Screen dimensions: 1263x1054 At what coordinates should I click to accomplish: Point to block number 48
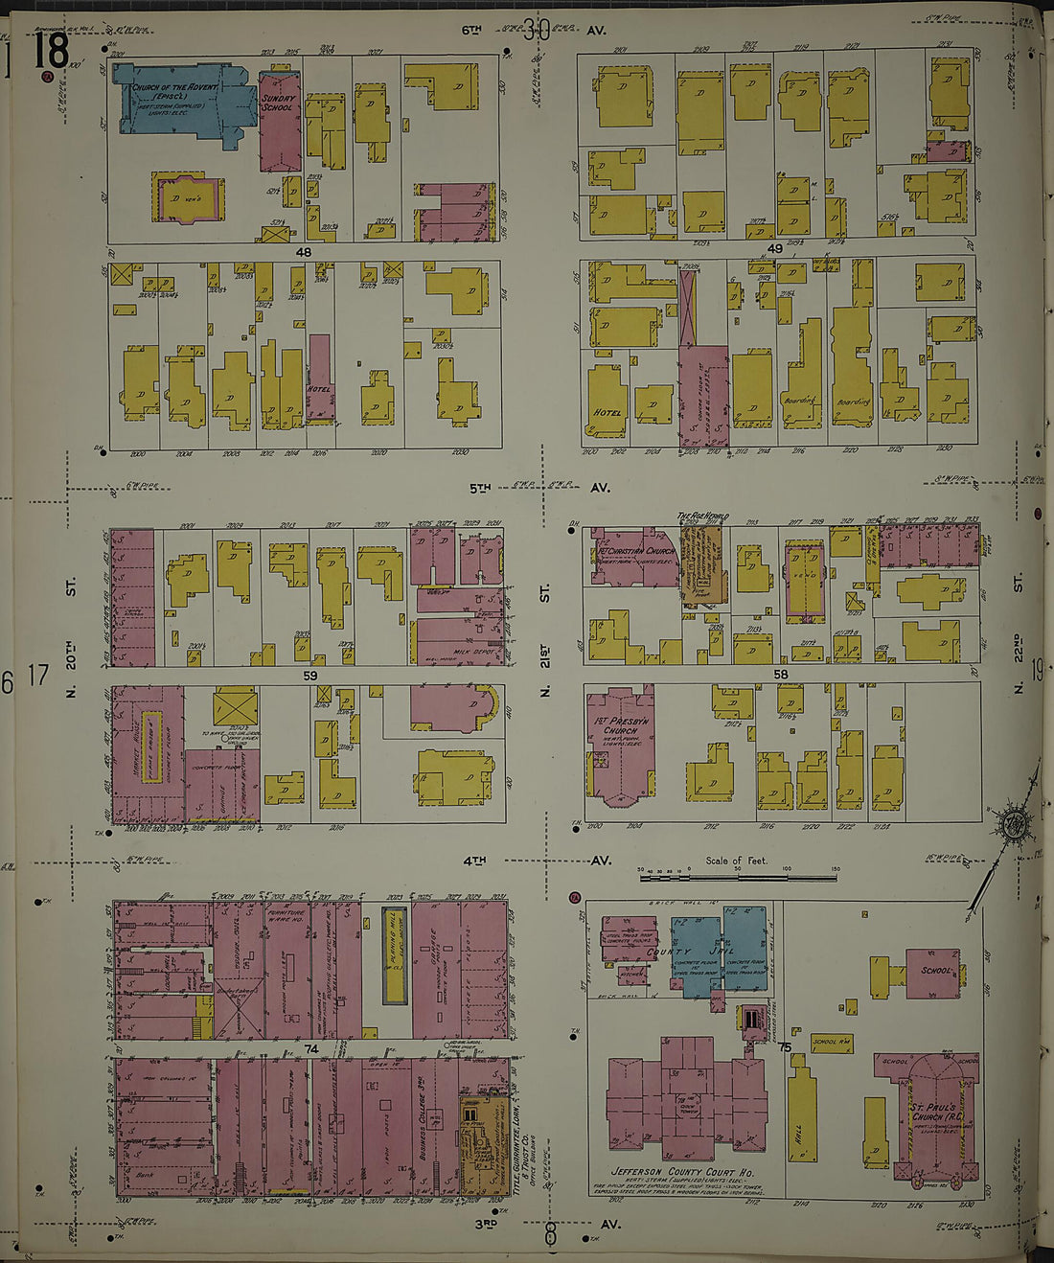304,251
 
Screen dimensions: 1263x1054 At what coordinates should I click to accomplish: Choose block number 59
309,676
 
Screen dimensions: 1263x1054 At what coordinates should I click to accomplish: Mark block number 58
781,675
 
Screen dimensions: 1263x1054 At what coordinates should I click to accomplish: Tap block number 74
310,1049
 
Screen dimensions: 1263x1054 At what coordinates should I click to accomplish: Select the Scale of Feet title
736,861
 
